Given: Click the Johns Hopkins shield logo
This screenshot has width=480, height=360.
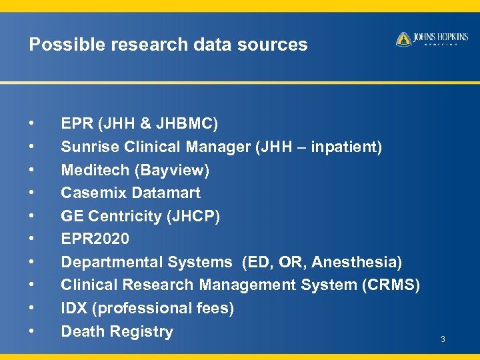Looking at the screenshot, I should (x=403, y=39).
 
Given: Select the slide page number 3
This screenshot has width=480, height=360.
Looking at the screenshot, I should (x=442, y=341).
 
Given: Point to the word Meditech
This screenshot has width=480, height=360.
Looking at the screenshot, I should (x=95, y=170).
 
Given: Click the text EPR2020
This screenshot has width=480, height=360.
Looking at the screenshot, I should (x=95, y=239).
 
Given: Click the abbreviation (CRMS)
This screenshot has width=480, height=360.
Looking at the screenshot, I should (x=391, y=285).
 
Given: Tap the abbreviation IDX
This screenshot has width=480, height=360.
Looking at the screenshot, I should (x=73, y=308).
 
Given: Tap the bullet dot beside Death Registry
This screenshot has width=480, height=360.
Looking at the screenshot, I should (x=31, y=331).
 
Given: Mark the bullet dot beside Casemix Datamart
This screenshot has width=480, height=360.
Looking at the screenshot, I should (x=31, y=193).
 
